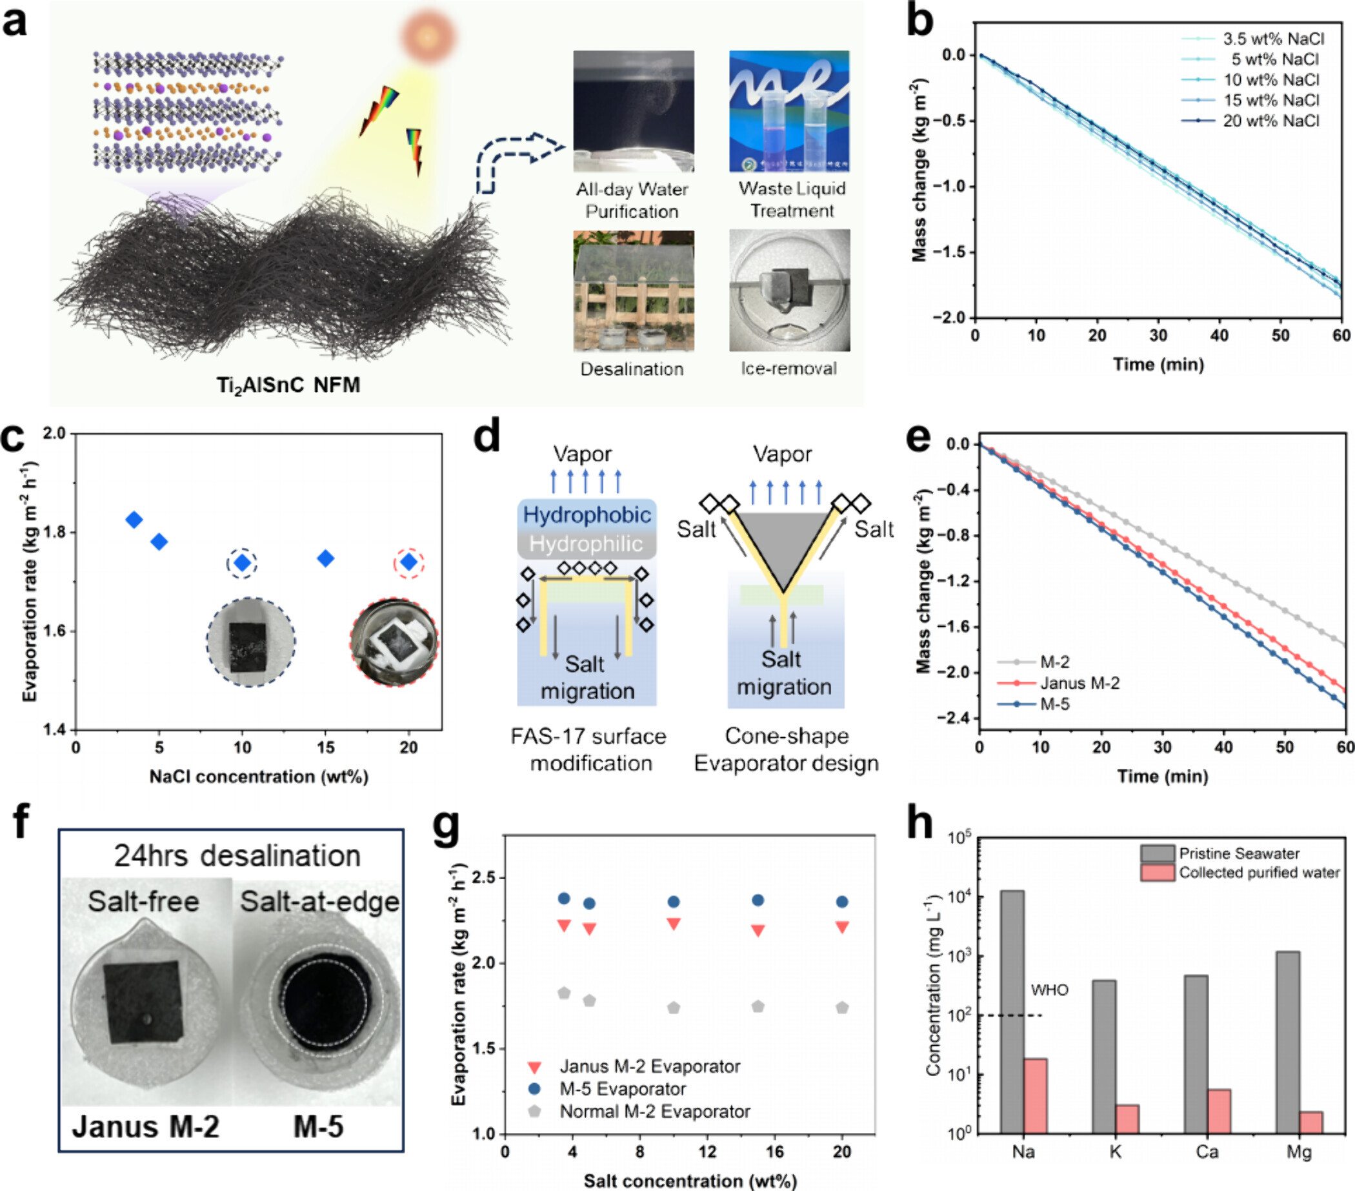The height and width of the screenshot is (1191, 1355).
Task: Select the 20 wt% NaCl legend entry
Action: pyautogui.click(x=1270, y=121)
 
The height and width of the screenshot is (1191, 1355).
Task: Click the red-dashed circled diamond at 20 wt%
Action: pyautogui.click(x=409, y=562)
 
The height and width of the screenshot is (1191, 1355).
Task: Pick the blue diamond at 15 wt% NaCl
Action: pyautogui.click(x=325, y=558)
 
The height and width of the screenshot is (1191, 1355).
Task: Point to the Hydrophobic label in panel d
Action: pyautogui.click(x=587, y=514)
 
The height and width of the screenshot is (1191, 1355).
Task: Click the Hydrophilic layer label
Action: pyautogui.click(x=586, y=544)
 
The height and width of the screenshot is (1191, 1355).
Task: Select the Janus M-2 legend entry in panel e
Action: pyautogui.click(x=1079, y=683)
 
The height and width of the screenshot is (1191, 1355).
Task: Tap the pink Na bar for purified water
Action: pyautogui.click(x=1036, y=1095)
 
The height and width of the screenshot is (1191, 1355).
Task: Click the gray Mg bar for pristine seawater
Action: pyautogui.click(x=1287, y=1042)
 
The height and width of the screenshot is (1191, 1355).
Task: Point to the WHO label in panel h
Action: pyautogui.click(x=1049, y=990)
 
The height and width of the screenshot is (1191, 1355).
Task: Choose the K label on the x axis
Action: pyautogui.click(x=1115, y=1152)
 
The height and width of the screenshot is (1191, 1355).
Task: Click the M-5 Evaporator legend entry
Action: pyautogui.click(x=623, y=1089)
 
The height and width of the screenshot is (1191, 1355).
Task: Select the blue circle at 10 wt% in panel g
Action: pyautogui.click(x=674, y=902)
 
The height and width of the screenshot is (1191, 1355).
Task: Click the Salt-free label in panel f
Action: pyautogui.click(x=143, y=902)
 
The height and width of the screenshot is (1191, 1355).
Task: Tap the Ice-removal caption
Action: pyautogui.click(x=789, y=369)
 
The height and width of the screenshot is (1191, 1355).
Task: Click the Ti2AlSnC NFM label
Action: pyautogui.click(x=288, y=385)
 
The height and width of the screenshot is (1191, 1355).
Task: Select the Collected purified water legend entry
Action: pyautogui.click(x=1258, y=873)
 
